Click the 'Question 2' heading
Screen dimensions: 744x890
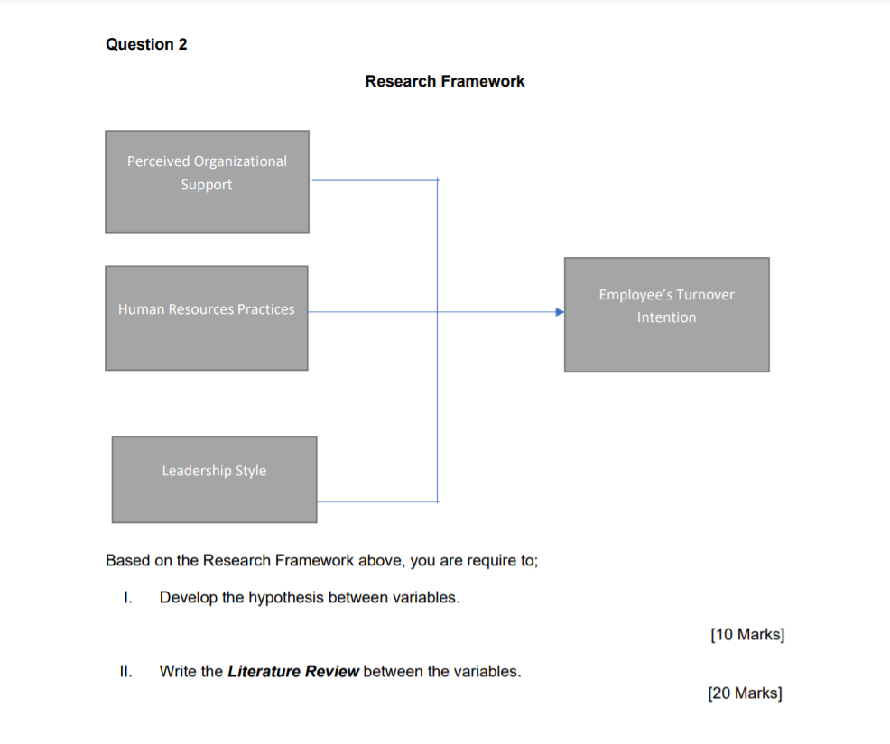(146, 44)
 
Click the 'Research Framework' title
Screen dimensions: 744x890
(444, 81)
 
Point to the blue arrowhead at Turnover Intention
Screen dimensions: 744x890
(560, 312)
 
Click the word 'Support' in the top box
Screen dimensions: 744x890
(207, 185)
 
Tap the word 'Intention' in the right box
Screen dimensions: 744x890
(666, 317)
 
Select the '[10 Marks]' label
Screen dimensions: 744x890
(747, 635)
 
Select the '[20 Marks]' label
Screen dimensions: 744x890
(746, 693)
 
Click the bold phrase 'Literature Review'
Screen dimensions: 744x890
(293, 672)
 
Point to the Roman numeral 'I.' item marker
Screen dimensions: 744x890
(128, 598)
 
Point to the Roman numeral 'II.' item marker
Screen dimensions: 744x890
(126, 672)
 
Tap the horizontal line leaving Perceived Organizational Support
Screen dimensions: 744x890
(375, 180)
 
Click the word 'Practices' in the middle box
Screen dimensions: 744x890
(266, 309)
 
